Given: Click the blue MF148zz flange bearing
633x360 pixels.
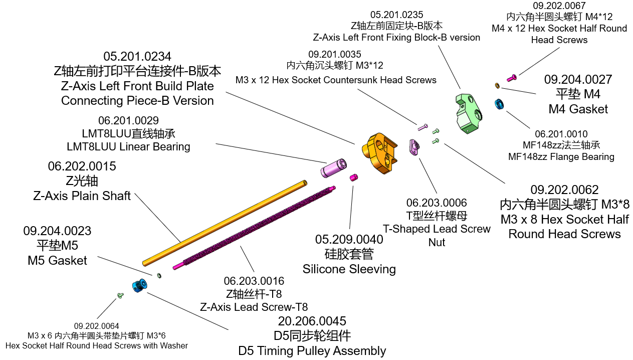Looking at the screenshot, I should coord(499,104).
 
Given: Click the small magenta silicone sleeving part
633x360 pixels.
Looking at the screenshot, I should coord(354,177).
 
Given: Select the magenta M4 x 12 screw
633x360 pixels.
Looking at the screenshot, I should coord(512,78).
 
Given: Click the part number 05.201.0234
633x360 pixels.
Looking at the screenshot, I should coord(137,57).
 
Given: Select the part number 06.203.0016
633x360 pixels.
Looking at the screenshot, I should coord(254,281).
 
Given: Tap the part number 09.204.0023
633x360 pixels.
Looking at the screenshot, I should coord(57,231).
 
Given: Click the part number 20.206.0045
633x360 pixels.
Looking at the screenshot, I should coord(312,321).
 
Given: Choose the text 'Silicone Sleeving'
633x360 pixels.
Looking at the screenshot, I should coord(349,269).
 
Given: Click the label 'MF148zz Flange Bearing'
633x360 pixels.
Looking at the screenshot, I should coord(561,157).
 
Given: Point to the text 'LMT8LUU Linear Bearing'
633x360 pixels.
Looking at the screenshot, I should coord(128,147).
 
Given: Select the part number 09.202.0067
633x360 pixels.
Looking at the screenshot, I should coord(559,6).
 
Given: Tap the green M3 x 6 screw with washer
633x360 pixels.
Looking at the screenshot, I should coord(120,296).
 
